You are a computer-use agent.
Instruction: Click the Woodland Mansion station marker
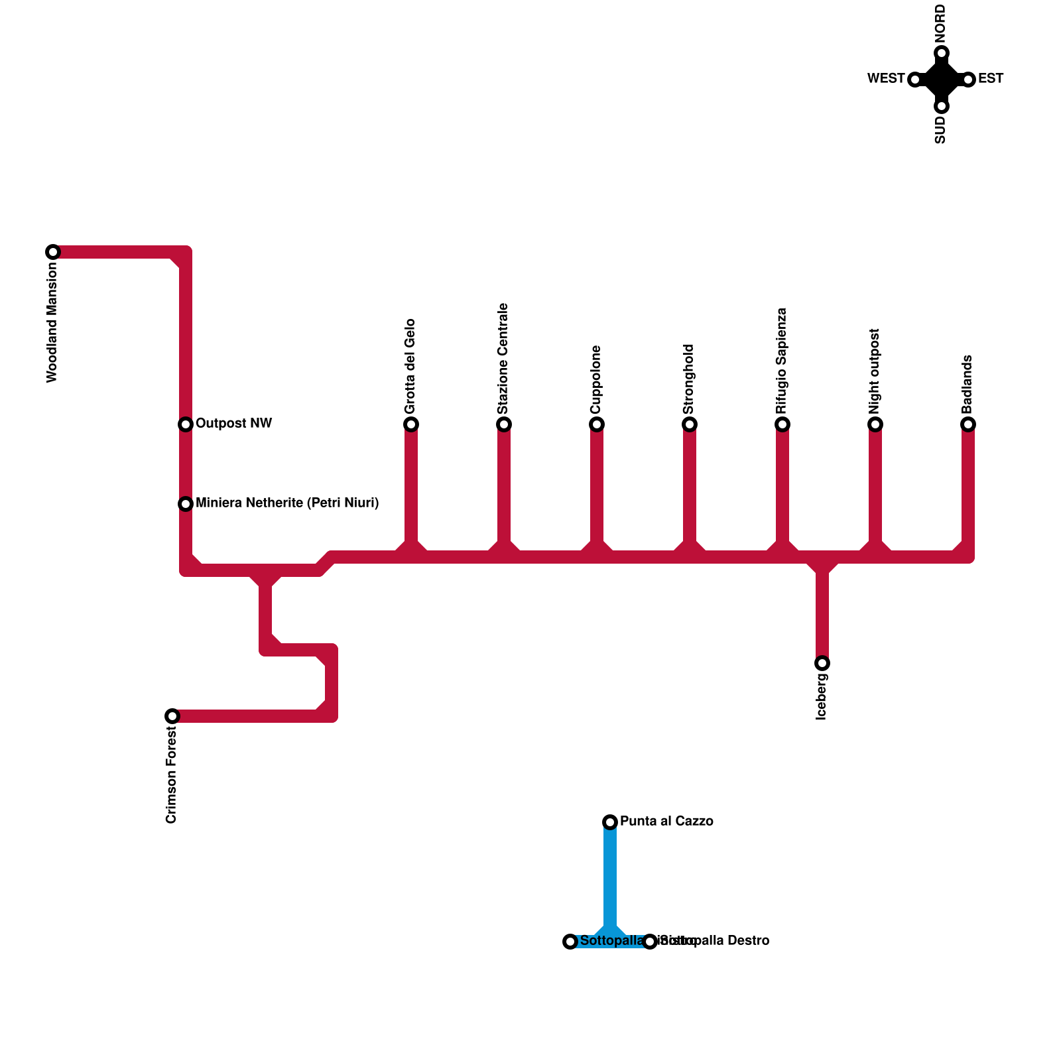pyautogui.click(x=53, y=252)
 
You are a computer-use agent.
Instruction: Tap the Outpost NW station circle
pyautogui.click(x=186, y=424)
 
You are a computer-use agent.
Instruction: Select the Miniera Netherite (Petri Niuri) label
pyautogui.click(x=287, y=503)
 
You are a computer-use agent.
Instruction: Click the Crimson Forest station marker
pyautogui.click(x=172, y=716)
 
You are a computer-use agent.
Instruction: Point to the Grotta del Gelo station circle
pyautogui.click(x=411, y=424)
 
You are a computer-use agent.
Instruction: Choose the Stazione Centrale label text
pyautogui.click(x=503, y=359)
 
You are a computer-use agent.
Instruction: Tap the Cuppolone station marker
pyautogui.click(x=597, y=424)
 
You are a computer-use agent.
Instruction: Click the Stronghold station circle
pyautogui.click(x=690, y=424)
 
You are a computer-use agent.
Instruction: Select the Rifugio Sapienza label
pyautogui.click(x=782, y=361)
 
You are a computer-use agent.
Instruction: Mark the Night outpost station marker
pyautogui.click(x=875, y=424)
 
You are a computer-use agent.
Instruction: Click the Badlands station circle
pyautogui.click(x=968, y=424)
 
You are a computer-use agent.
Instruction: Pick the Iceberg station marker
pyautogui.click(x=822, y=663)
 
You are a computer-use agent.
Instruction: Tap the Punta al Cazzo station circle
pyautogui.click(x=610, y=822)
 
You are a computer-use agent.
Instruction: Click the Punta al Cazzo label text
pyautogui.click(x=666, y=822)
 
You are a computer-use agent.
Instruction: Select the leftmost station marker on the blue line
pyautogui.click(x=570, y=942)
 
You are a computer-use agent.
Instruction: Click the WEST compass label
pyautogui.click(x=886, y=79)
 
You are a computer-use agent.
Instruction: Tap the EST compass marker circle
pyautogui.click(x=968, y=80)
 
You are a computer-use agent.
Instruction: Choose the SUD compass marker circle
pyautogui.click(x=942, y=106)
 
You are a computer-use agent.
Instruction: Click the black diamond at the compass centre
pyautogui.click(x=942, y=80)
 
